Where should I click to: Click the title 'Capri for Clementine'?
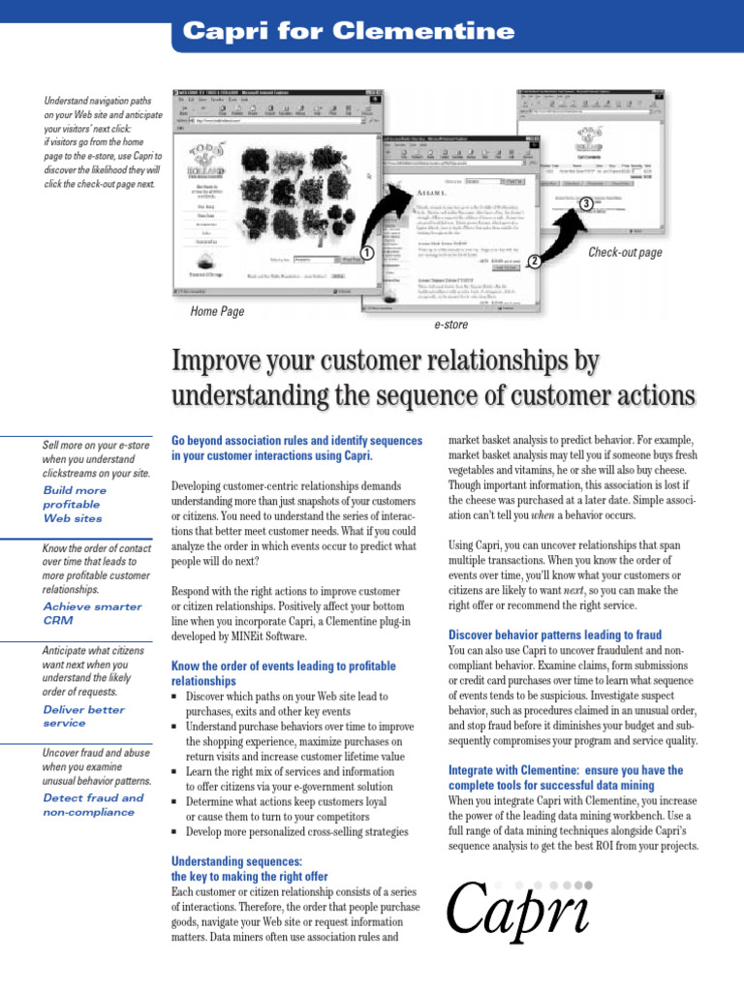(x=349, y=31)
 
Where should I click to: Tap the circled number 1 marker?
(x=366, y=253)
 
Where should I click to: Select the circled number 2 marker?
(x=534, y=262)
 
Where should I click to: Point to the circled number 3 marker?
(x=585, y=202)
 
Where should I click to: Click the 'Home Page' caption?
(x=218, y=312)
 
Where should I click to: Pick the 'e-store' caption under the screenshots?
(x=450, y=325)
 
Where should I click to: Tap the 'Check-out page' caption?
(x=625, y=253)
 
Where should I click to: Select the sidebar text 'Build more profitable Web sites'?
(x=76, y=504)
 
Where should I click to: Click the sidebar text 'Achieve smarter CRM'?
(x=92, y=613)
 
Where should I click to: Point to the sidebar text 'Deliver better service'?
(x=84, y=716)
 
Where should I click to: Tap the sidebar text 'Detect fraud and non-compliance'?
(x=92, y=805)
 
